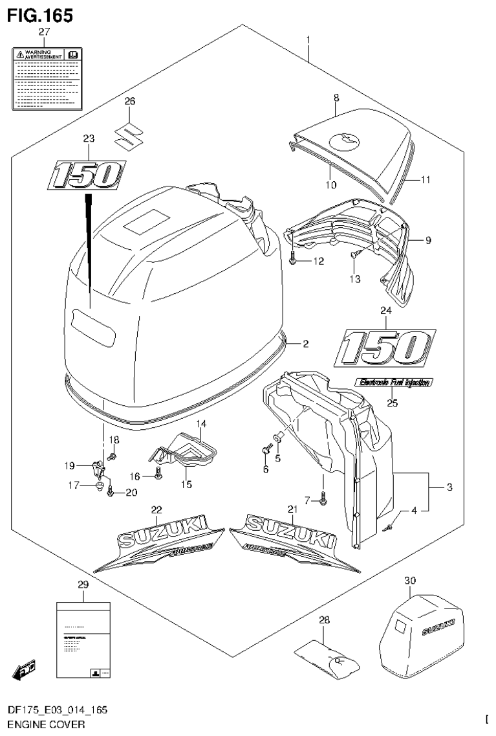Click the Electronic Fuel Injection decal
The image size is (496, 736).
click(394, 383)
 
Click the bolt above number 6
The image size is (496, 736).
click(265, 447)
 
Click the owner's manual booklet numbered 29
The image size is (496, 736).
click(83, 641)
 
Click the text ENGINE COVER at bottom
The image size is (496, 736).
click(44, 725)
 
